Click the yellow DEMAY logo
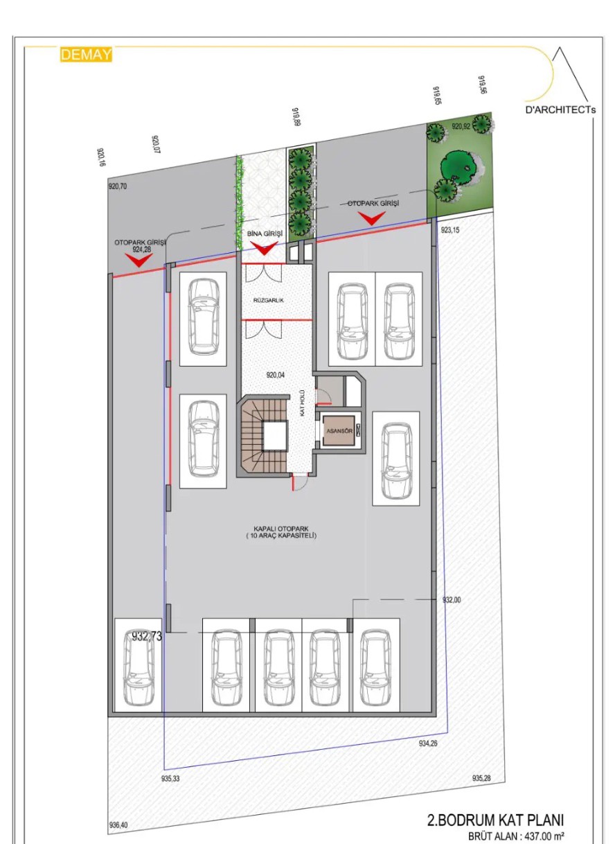point(86,54)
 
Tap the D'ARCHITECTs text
point(560,110)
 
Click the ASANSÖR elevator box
point(339,432)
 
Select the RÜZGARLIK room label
point(268,301)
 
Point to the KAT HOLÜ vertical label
point(302,403)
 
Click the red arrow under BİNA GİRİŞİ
point(264,248)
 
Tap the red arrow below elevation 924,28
point(139,260)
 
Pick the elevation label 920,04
point(276,375)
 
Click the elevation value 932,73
point(147,636)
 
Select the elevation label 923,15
point(450,230)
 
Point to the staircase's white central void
point(274,436)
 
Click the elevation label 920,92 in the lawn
point(461,127)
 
